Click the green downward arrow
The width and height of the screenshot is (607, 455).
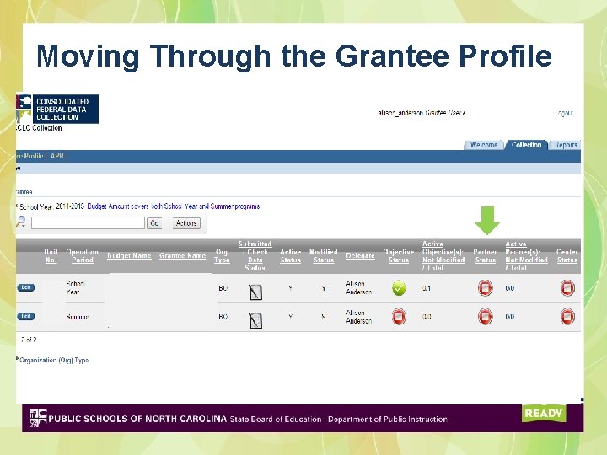(487, 220)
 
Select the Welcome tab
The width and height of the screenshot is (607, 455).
(484, 145)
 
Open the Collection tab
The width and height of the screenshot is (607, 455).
(527, 145)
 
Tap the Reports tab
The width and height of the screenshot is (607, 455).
(566, 145)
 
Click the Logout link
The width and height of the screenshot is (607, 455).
(564, 113)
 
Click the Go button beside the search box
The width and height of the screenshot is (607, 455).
(154, 223)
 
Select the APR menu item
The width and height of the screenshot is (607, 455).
(57, 156)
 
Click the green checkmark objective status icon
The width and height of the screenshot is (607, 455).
(399, 288)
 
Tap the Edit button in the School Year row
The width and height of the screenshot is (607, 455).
(26, 287)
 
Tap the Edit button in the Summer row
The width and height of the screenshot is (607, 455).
(26, 317)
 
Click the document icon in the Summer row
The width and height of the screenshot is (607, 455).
(255, 319)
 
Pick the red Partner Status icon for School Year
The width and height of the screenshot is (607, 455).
(486, 288)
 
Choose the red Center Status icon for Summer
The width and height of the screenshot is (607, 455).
(567, 317)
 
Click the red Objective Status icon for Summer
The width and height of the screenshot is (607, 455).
(399, 317)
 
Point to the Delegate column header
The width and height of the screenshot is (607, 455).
(360, 256)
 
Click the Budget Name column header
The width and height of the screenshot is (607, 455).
(129, 256)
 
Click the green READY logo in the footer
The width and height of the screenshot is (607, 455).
(543, 413)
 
